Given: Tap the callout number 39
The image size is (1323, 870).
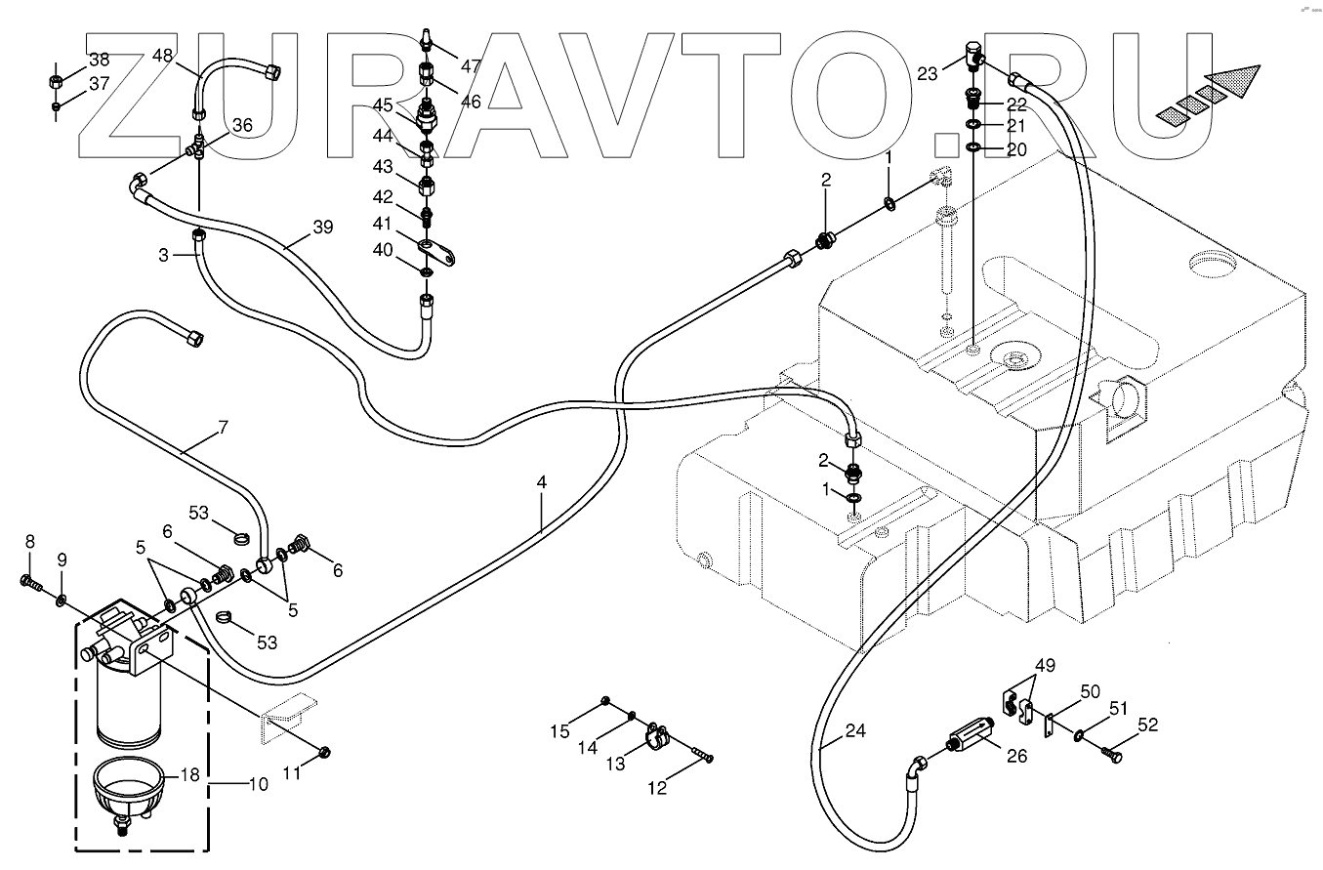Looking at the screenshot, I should (322, 228).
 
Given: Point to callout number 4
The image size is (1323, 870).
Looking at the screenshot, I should (541, 481).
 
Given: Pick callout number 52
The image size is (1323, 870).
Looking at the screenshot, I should (1147, 725).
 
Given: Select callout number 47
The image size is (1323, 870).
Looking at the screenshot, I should (472, 66).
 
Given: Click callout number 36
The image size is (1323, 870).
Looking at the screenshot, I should (241, 125).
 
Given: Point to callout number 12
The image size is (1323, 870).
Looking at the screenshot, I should (658, 788).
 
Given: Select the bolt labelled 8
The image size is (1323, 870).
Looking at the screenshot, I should (30, 583).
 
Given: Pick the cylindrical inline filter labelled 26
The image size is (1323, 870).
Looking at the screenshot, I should (969, 738).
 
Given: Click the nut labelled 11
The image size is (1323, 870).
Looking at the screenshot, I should (325, 751).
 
